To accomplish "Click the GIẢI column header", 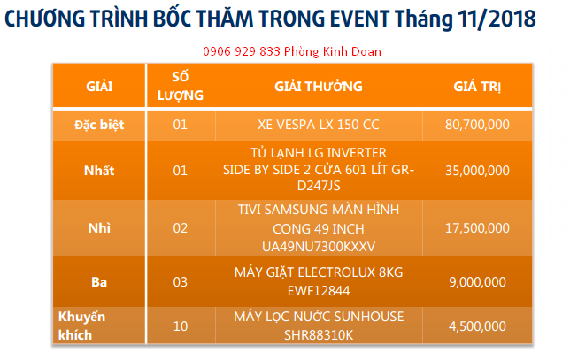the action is tap(99, 87).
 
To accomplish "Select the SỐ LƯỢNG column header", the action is tap(181, 86).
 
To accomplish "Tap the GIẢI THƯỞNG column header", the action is tap(319, 87).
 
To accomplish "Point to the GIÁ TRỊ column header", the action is tap(477, 87).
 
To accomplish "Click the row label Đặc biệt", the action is tap(99, 125).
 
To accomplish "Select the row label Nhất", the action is tap(99, 171).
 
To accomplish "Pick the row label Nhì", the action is tap(99, 228).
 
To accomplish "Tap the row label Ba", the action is tap(99, 282).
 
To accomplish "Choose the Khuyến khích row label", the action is tap(81, 326).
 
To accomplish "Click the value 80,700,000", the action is tap(477, 125).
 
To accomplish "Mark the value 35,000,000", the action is tap(477, 171).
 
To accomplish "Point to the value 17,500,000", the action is tap(477, 228).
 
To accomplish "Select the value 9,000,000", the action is tap(477, 282).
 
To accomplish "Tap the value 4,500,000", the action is tap(477, 326).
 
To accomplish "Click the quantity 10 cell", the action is tap(181, 326).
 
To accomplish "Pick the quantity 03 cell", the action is tap(181, 282).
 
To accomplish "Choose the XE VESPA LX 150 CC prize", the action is tap(319, 125).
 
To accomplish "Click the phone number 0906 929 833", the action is tap(242, 51).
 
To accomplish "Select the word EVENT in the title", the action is tap(359, 19).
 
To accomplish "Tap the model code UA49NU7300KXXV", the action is tap(319, 247).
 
